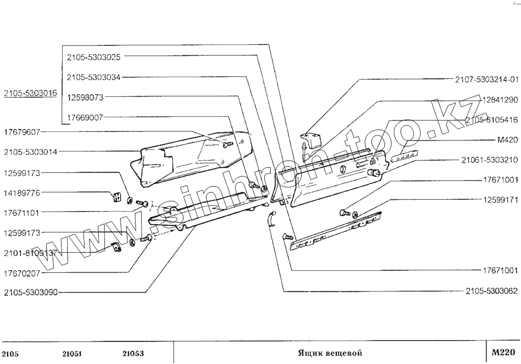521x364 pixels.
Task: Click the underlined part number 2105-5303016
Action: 30,93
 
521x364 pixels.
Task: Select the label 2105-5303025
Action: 94,57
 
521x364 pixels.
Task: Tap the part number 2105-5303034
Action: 94,77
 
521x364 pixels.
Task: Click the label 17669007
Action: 85,117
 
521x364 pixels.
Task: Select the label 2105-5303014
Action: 30,152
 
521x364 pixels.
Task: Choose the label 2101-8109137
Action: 30,253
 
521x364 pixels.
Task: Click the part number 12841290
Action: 499,100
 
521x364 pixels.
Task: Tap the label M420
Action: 507,140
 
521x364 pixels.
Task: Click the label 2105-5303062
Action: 491,291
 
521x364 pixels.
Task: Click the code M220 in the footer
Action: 503,353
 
